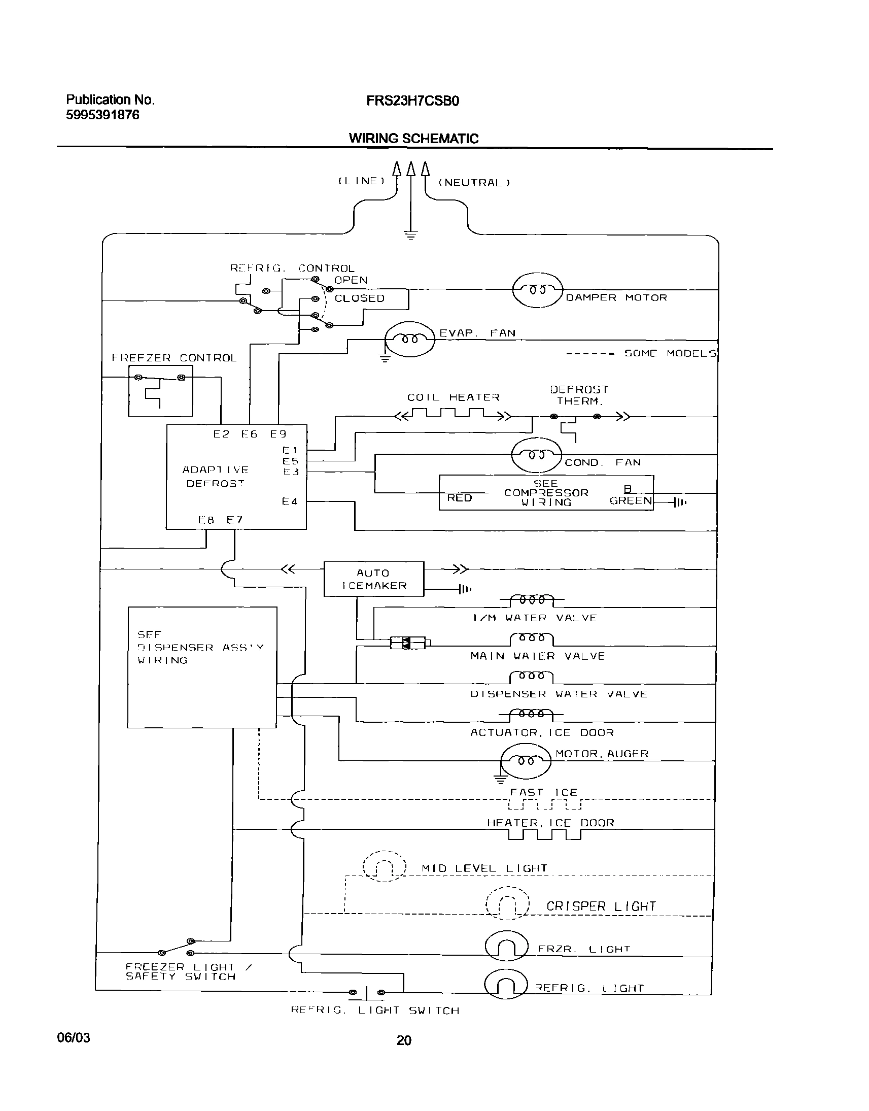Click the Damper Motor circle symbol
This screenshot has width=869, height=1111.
coord(537,290)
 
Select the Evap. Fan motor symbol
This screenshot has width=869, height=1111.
coord(409,339)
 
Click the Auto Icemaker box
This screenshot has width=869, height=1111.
coord(374,579)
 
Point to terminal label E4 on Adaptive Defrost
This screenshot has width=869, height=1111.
coord(290,502)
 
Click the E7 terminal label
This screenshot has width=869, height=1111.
coord(234,520)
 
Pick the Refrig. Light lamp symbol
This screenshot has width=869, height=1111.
coord(506,985)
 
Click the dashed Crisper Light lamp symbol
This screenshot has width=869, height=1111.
coord(507,903)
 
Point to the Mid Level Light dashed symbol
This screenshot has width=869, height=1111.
coord(385,866)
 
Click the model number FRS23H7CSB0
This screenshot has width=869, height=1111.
coord(412,102)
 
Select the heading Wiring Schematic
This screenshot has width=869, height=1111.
coord(413,139)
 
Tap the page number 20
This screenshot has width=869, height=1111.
coord(403,1041)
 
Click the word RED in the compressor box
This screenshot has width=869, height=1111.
coord(460,498)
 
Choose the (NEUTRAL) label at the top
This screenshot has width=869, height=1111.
coord(474,183)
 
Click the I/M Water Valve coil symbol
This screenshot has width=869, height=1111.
coord(532,600)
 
